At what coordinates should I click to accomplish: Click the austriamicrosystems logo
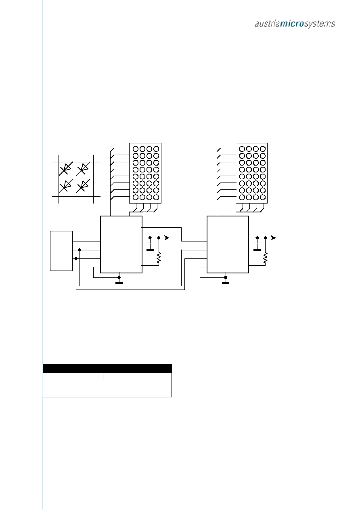point(295,24)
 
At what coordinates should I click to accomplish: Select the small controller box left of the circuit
point(61,251)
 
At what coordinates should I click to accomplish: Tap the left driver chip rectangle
point(121,244)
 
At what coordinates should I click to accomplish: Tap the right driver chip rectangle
point(228,244)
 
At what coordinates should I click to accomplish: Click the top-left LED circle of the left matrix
point(136,149)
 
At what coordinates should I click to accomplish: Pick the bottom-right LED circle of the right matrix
point(263,197)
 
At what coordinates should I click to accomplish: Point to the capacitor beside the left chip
point(150,245)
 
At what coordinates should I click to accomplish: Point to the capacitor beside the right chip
point(257,245)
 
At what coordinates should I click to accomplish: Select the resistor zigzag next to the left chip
point(159,258)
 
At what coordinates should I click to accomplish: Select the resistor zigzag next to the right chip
point(265,258)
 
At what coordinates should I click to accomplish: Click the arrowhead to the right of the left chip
point(167,238)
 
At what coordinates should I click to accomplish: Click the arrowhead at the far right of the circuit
point(273,238)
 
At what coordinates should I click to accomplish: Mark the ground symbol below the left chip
point(119,283)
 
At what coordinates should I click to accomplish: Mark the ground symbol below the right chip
point(226,283)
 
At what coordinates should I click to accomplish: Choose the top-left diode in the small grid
point(65,169)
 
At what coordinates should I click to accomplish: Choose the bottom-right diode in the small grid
point(83,186)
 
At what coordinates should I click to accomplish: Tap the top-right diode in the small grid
point(83,169)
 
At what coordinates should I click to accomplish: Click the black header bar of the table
point(107,368)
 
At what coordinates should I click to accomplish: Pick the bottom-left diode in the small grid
point(65,186)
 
